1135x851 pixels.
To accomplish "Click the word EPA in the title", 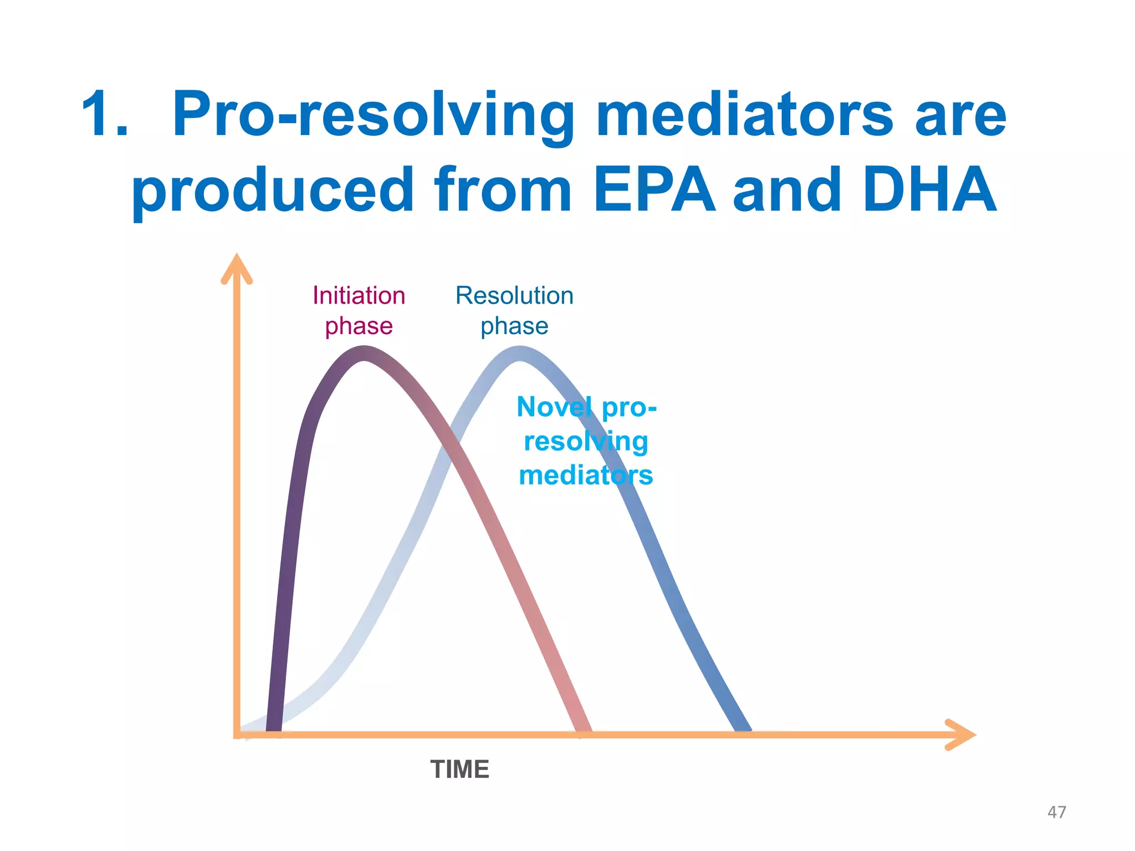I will [x=655, y=190].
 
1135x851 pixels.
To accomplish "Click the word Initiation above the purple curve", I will [x=359, y=296].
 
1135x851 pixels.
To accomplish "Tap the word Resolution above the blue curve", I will [x=514, y=296].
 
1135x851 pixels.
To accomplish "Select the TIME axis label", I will [x=459, y=770].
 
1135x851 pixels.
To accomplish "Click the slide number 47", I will [x=1056, y=812].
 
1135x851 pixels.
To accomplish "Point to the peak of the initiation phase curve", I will [x=364, y=353].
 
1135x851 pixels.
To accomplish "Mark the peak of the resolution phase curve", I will [x=520, y=353].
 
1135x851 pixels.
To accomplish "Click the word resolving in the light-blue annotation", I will [x=586, y=442].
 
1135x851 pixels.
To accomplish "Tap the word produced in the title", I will [x=272, y=190].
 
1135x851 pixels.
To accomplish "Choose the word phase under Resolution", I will [x=514, y=326].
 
